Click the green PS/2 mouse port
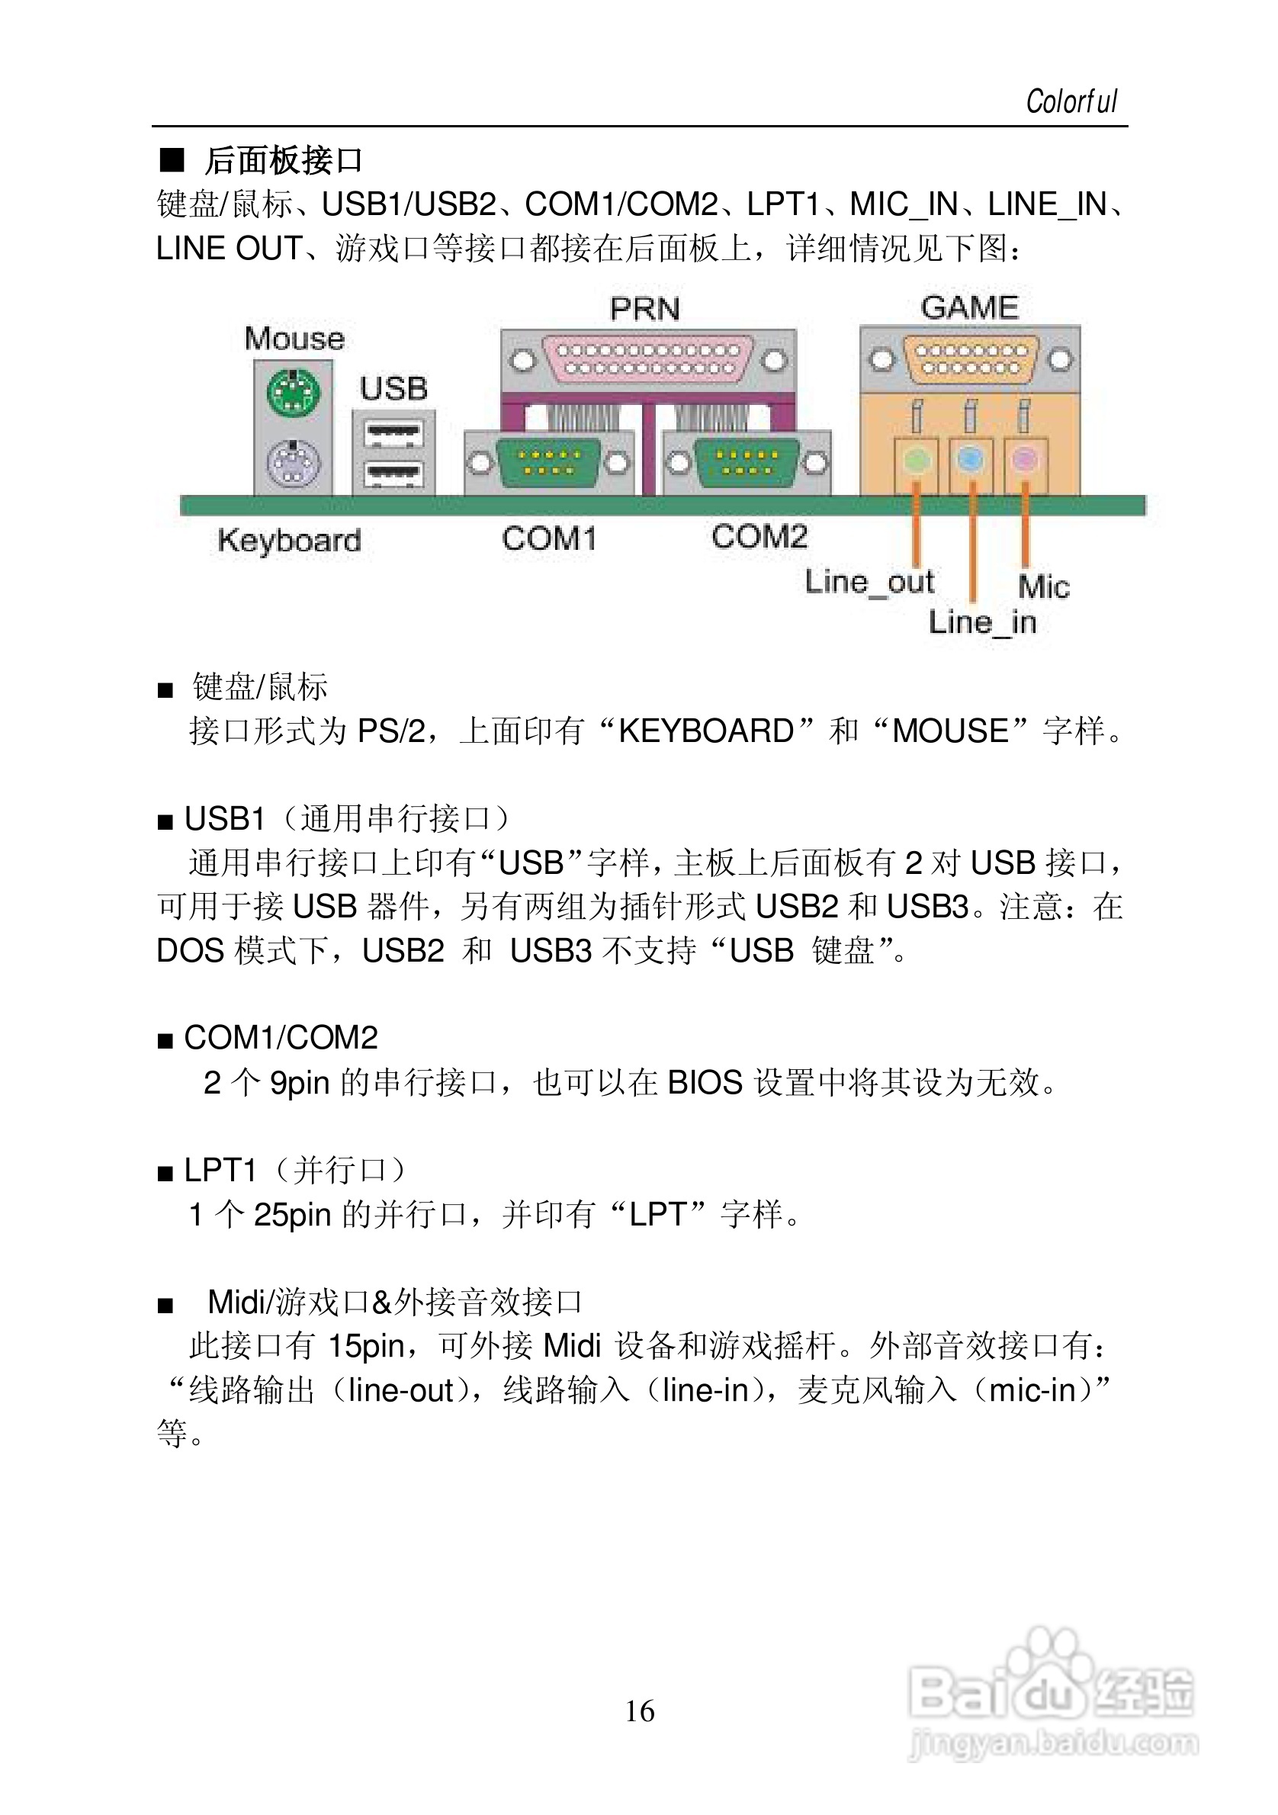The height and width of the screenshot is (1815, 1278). click(x=294, y=393)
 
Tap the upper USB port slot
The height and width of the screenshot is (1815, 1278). click(x=393, y=433)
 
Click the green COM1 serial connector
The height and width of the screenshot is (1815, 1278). click(x=548, y=462)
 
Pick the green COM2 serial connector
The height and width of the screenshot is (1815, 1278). click(x=746, y=462)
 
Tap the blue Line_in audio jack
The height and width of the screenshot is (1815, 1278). click(x=971, y=458)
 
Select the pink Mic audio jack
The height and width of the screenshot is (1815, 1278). click(x=1024, y=458)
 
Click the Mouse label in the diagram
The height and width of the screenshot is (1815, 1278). click(x=295, y=339)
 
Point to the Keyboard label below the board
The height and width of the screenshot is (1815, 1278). click(x=289, y=541)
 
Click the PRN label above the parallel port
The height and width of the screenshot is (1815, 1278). click(x=645, y=309)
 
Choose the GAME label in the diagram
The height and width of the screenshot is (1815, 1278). click(x=970, y=307)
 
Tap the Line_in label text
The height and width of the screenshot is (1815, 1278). click(x=982, y=622)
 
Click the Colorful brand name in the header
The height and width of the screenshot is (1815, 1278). click(x=1071, y=102)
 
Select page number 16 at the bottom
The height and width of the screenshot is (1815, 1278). click(x=640, y=1711)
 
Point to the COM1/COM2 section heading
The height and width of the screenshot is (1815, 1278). click(x=281, y=1038)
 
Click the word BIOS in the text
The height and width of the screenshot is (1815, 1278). click(x=705, y=1082)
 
